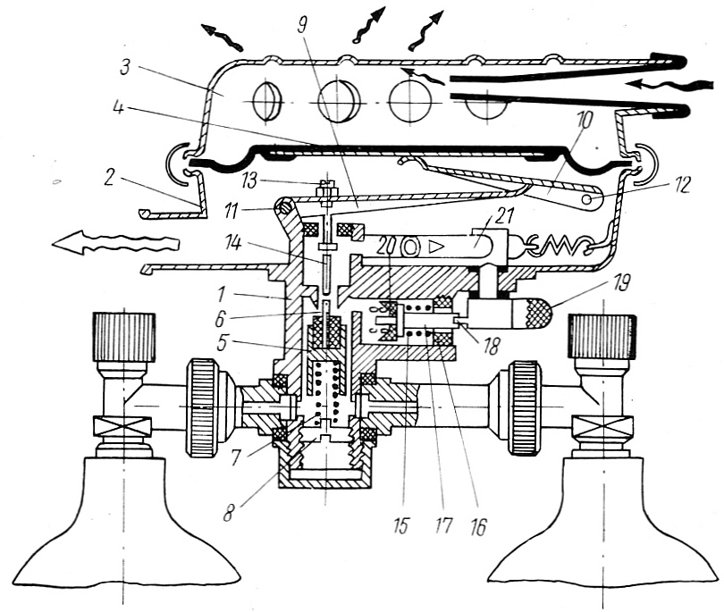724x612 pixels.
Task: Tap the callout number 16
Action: click(479, 524)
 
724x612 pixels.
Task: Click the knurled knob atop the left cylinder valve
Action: click(124, 336)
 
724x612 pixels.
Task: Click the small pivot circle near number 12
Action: click(586, 201)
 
